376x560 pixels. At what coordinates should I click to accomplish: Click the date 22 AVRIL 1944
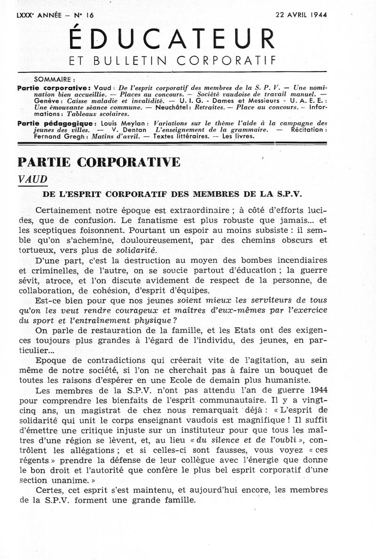click(x=301, y=15)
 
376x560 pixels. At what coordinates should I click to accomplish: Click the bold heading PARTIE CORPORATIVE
click(x=98, y=162)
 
